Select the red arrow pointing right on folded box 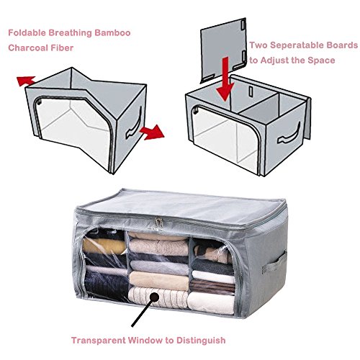151,132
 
